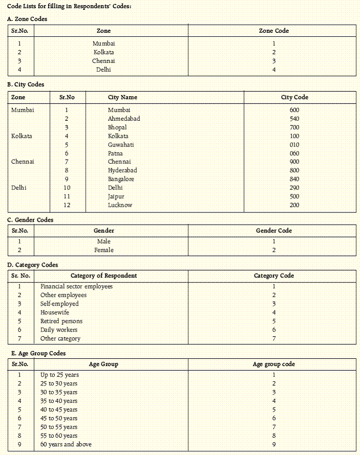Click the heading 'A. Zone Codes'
[27, 19]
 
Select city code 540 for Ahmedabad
[294, 119]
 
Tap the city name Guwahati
[121, 145]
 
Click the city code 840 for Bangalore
[294, 179]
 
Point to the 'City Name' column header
[122, 97]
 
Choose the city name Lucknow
[120, 205]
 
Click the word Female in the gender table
[104, 250]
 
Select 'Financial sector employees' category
[76, 287]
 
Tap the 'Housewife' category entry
[55, 313]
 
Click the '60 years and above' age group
[66, 444]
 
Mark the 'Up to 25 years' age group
[59, 375]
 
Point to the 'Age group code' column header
[274, 364]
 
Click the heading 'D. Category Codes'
[33, 265]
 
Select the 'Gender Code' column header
[274, 231]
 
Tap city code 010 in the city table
[294, 145]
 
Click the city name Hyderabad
[122, 170]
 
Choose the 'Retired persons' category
[61, 321]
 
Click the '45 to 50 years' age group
[59, 418]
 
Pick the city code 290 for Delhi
[294, 188]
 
